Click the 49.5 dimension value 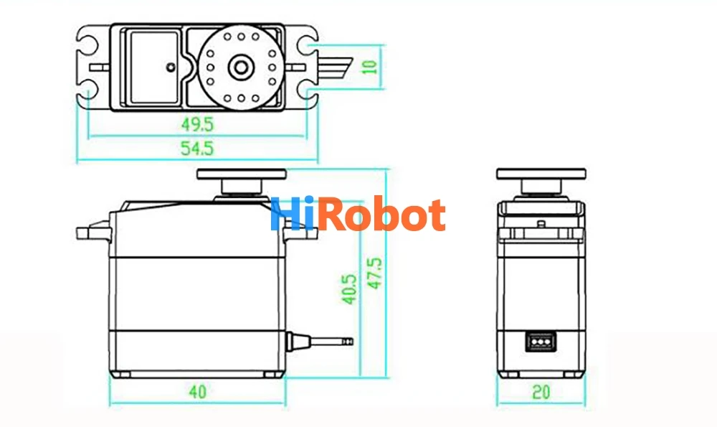coord(197,124)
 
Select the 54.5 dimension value coord(197,149)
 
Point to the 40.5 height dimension coord(349,288)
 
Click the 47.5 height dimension coord(374,273)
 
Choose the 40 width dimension coord(198,392)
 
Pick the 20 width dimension coord(541,392)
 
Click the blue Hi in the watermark coord(293,214)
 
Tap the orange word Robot coord(381,214)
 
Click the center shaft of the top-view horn coord(241,67)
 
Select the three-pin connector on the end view coord(541,342)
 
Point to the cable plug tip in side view coord(347,341)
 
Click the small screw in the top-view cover coord(171,67)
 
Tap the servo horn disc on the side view coord(242,174)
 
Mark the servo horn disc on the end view coord(541,174)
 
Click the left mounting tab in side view coord(93,232)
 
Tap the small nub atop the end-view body coord(541,224)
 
